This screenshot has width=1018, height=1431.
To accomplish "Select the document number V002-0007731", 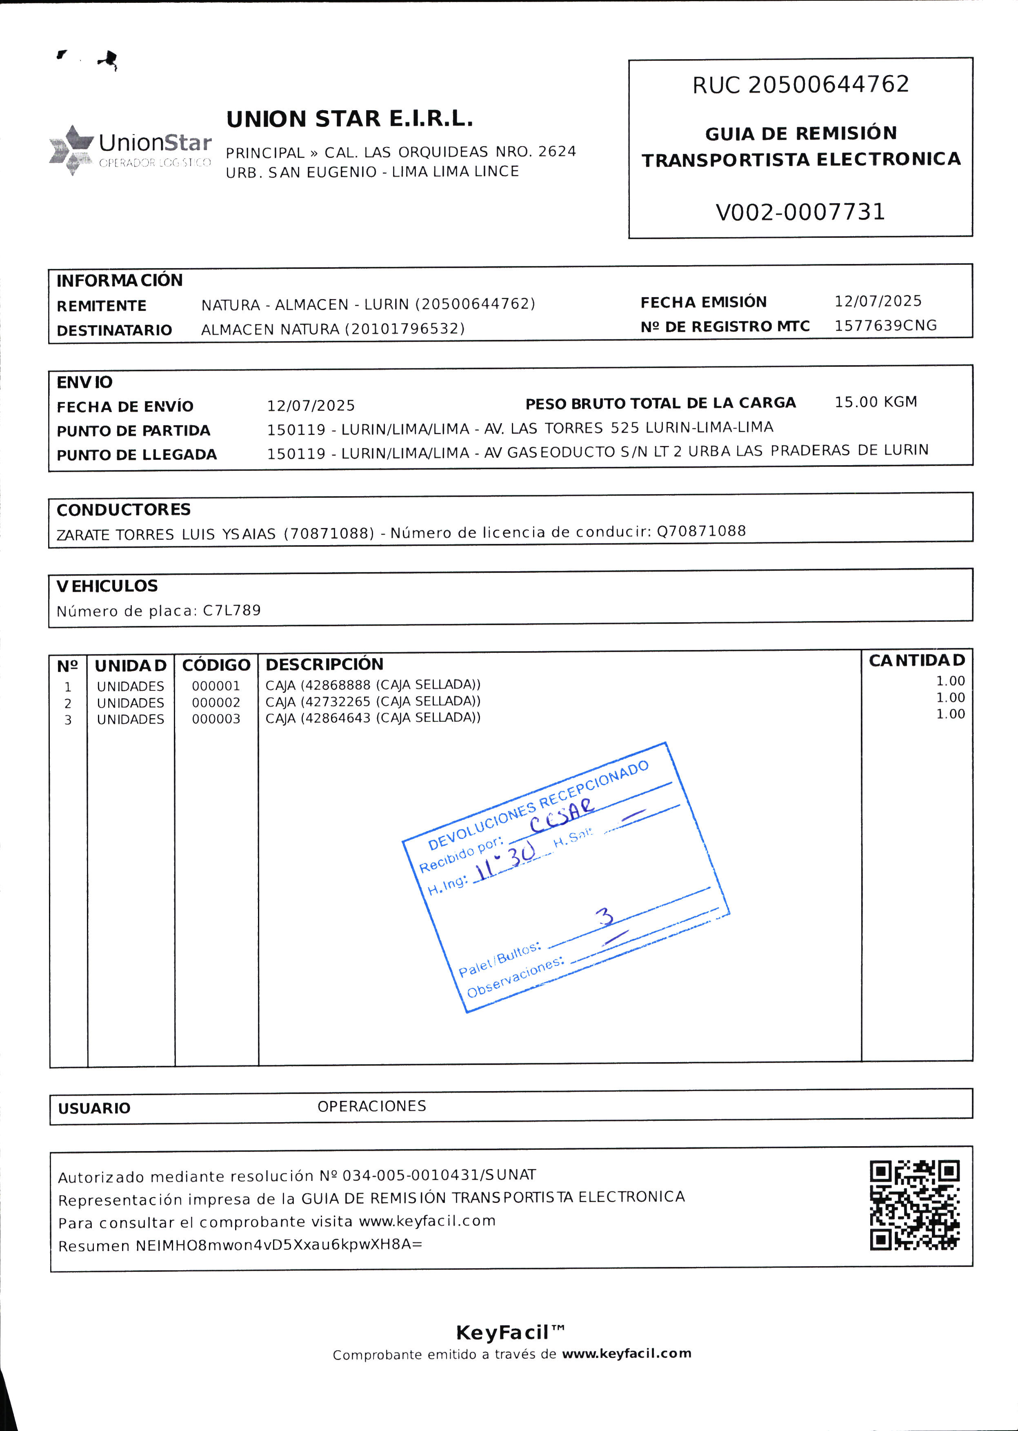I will pyautogui.click(x=800, y=212).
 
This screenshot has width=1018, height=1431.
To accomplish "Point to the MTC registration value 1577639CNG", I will pyautogui.click(x=885, y=326).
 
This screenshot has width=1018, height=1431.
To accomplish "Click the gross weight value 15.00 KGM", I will pyautogui.click(x=876, y=402).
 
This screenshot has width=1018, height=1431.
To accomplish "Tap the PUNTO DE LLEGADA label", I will pyautogui.click(x=137, y=455).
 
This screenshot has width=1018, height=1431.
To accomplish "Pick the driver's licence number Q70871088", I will pyautogui.click(x=701, y=531).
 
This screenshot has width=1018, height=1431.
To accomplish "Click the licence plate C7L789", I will pyautogui.click(x=232, y=610).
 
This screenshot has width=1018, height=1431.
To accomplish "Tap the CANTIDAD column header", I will pyautogui.click(x=916, y=660).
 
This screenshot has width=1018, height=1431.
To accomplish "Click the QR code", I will pyautogui.click(x=915, y=1205).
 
